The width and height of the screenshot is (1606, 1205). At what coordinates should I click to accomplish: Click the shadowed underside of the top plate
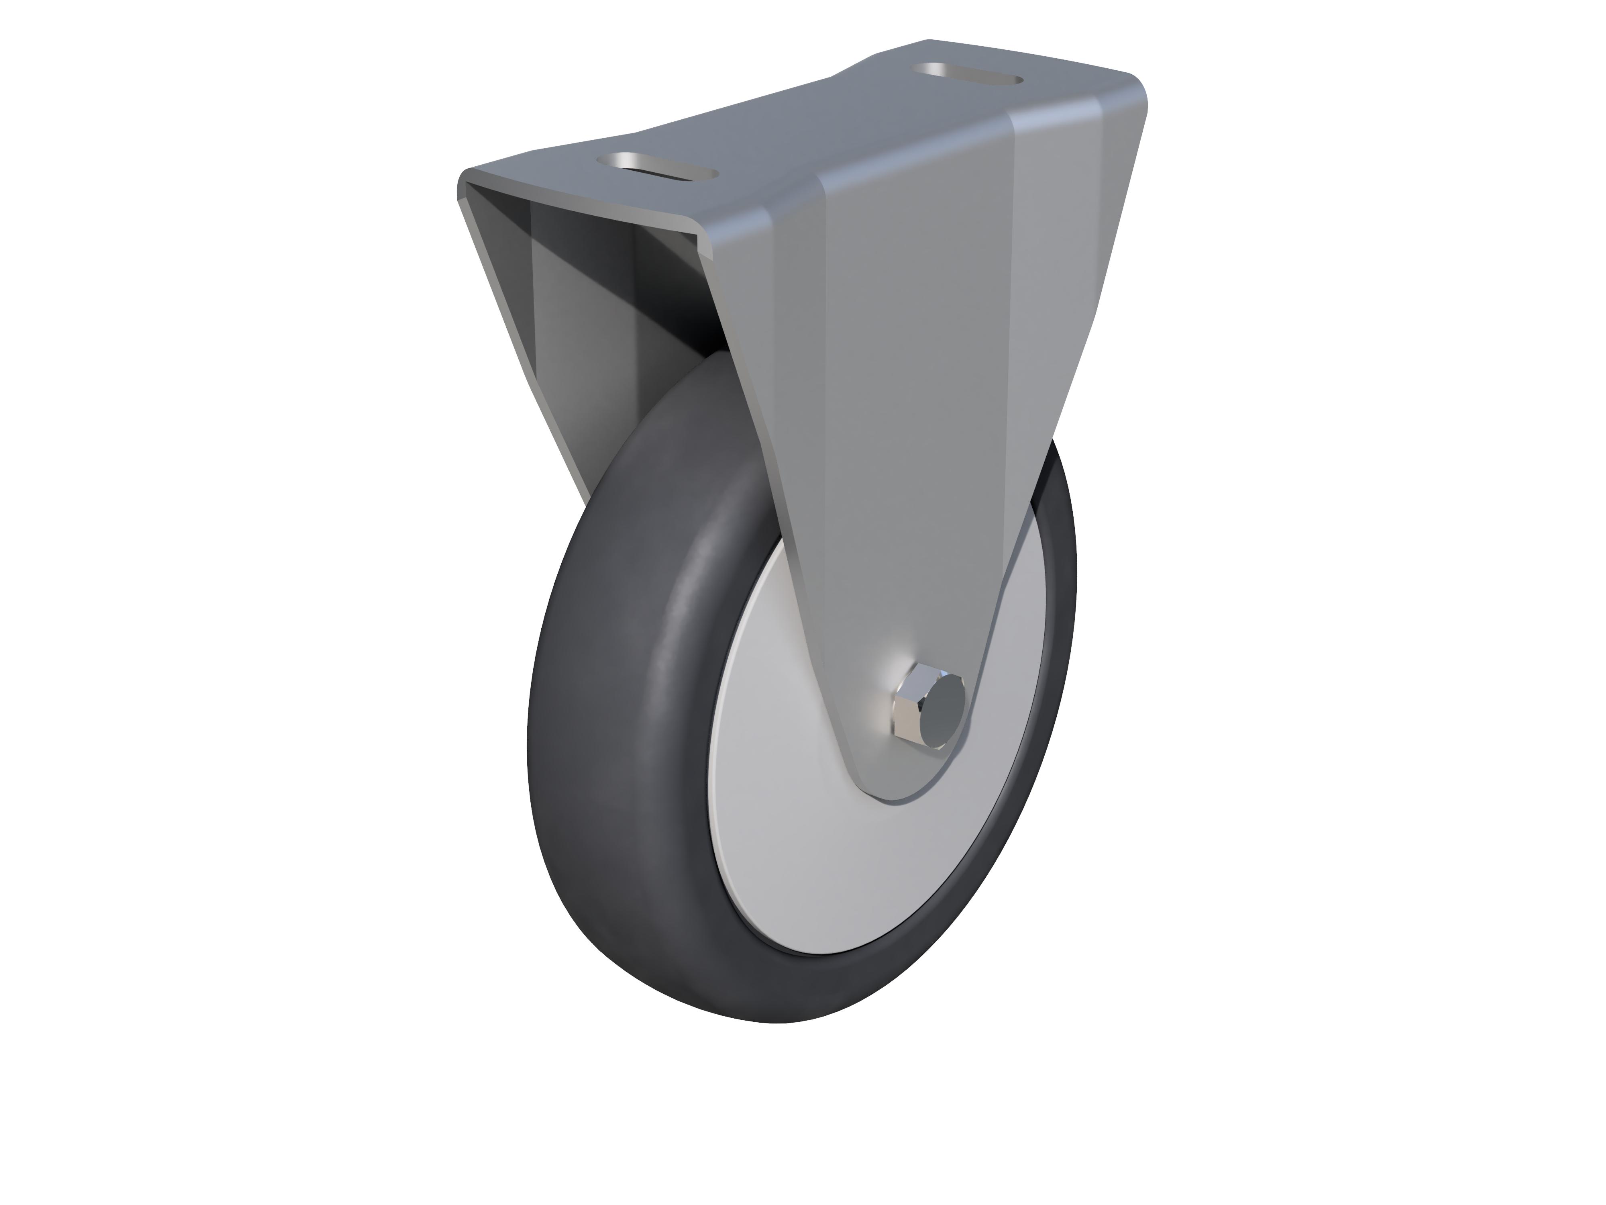(x=581, y=218)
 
